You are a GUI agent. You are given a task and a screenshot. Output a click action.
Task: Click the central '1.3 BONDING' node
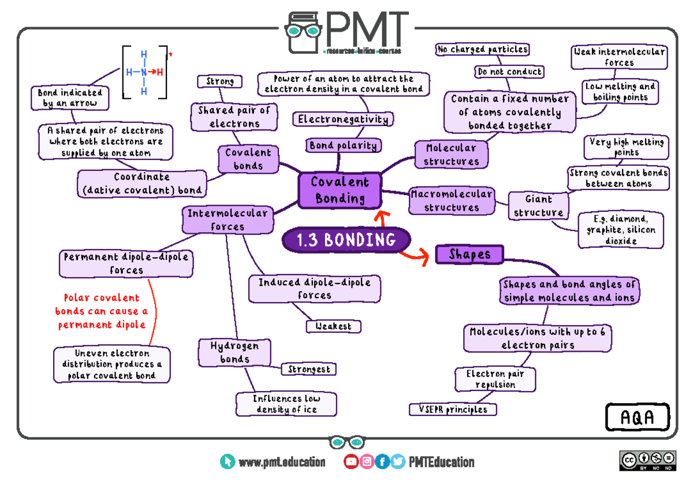point(346,240)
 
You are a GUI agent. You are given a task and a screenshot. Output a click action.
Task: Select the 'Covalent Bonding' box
point(340,190)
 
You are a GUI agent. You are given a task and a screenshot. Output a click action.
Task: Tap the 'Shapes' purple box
point(469,254)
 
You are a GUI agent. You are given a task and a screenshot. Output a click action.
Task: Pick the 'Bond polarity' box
point(343,146)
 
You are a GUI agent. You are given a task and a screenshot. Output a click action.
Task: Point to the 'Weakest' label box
point(333,326)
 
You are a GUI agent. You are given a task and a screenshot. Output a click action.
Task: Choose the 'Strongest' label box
point(308,369)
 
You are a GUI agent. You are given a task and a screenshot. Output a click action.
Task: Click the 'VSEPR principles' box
point(453,410)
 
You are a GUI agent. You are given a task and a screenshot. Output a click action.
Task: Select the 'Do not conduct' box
point(509,72)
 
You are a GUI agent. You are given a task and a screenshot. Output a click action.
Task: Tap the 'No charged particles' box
point(482,50)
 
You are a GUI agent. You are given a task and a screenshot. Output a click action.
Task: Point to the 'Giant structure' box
point(538,206)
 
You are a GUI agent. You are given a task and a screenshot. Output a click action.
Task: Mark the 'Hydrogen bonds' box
point(234,352)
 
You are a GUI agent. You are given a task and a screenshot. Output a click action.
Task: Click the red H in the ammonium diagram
point(159,73)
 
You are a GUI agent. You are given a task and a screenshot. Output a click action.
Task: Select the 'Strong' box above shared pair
point(220,81)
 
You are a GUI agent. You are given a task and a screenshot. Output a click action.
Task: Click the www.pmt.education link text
point(281,462)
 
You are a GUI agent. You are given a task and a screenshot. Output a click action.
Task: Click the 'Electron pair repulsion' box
point(495,379)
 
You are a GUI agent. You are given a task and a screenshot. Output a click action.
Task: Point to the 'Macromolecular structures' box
point(452,200)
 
